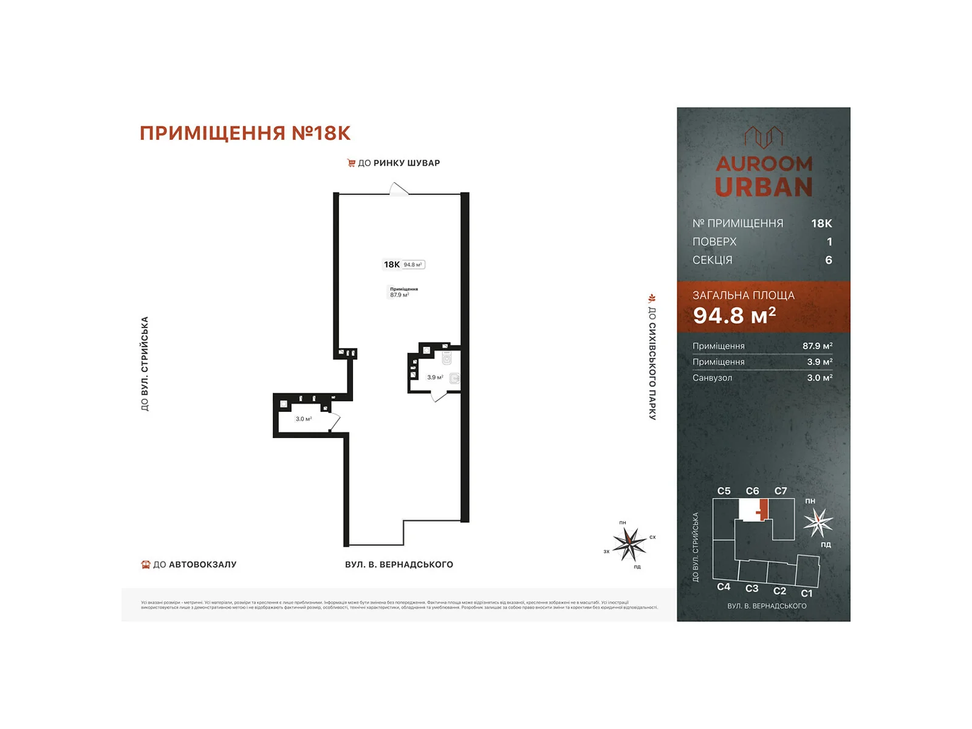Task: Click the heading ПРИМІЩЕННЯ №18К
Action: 245,133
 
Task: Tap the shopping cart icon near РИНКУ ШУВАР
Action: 351,163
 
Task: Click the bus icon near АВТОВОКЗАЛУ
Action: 146,564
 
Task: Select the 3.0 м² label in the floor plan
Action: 304,419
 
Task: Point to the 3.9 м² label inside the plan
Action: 435,377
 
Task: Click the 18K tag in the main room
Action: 392,264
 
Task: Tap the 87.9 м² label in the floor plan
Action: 400,295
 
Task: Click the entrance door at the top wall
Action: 399,190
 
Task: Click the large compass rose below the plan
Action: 629,544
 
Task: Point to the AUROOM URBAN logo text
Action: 764,176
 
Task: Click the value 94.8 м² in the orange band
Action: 734,315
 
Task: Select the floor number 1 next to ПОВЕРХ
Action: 829,242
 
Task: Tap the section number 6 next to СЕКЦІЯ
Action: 829,260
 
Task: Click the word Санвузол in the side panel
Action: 712,378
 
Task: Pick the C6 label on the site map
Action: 752,491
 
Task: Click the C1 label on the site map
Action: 806,594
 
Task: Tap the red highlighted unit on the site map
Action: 764,509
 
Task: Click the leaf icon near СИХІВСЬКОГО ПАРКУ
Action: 652,298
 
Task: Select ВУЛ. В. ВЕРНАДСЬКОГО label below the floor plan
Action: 399,564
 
